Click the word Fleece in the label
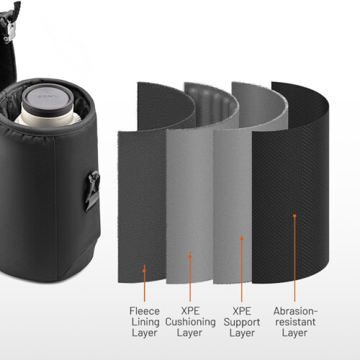145,311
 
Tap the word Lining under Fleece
145,322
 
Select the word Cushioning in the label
190,322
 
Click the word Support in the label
242,322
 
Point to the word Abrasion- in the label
295,311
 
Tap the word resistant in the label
295,322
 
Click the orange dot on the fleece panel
145,271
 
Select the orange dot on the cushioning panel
190,255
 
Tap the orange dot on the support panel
242,238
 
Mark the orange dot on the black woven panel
294,215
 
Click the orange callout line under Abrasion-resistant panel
294,259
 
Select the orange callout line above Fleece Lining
145,287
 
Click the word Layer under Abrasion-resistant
295,332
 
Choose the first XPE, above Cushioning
190,311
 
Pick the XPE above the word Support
242,311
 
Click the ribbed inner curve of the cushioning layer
211,104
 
